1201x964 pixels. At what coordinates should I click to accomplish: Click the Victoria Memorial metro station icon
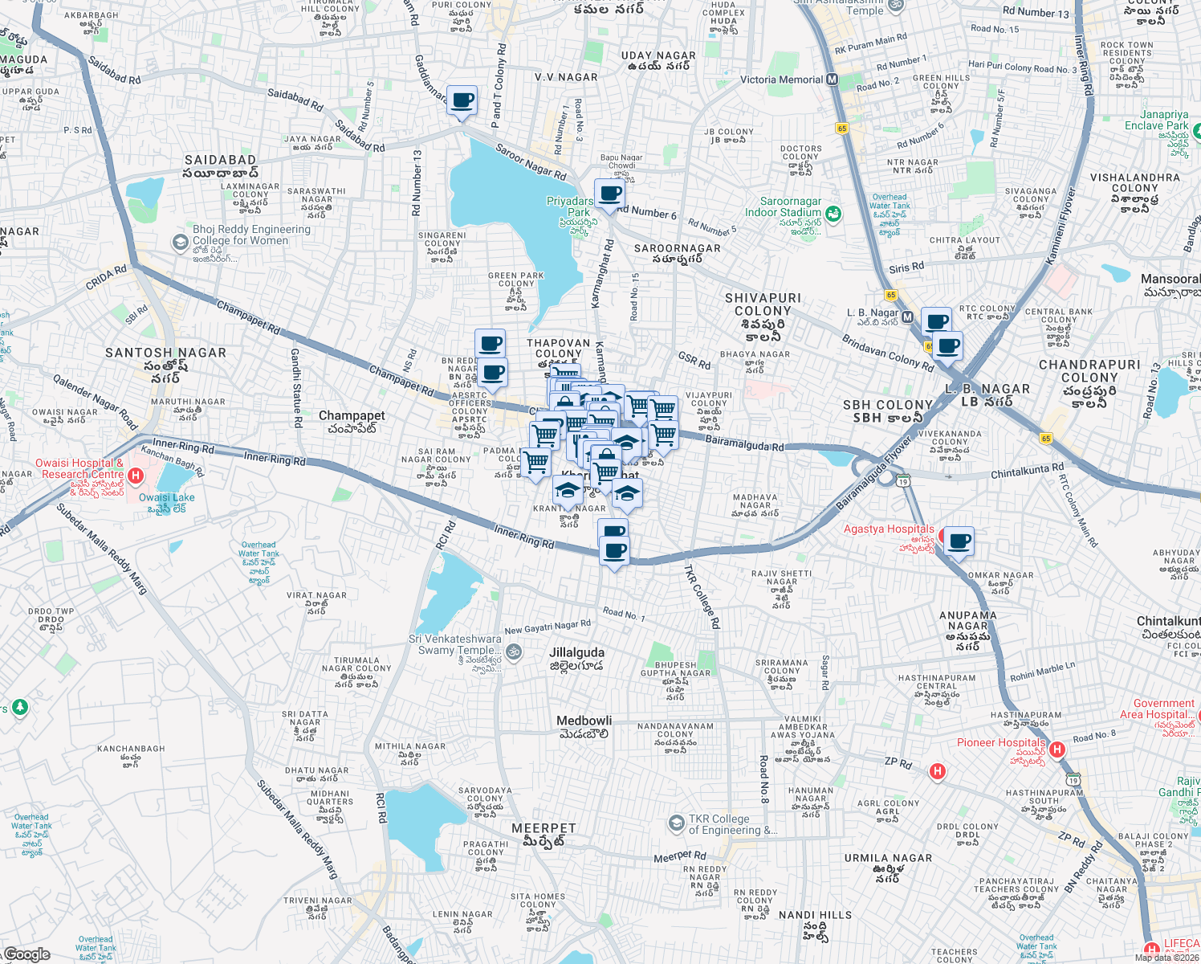point(832,80)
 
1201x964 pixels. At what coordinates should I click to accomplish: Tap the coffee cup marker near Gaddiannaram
point(462,101)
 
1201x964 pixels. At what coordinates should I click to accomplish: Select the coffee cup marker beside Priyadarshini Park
point(609,194)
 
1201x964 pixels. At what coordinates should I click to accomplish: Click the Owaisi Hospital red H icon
point(136,476)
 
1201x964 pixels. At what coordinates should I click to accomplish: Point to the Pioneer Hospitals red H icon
point(1057,750)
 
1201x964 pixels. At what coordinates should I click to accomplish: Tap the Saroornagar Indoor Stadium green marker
point(833,213)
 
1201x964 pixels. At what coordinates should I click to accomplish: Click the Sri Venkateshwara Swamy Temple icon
point(515,652)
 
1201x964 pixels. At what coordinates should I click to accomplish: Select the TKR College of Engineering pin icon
point(677,823)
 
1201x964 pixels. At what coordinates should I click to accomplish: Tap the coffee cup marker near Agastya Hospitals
point(958,541)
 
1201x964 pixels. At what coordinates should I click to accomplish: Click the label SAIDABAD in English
point(220,160)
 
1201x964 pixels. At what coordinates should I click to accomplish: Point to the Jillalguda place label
point(576,652)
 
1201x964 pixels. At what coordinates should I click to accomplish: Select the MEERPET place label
point(544,827)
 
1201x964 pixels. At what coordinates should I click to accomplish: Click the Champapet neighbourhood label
point(352,415)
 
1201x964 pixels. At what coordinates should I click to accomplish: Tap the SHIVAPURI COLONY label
point(763,304)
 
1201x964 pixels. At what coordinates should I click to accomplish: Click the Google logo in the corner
point(26,954)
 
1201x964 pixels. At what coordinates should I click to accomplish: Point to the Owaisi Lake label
point(166,497)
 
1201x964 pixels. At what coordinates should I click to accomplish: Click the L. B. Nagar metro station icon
point(907,317)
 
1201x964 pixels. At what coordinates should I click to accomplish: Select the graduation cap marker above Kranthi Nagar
point(568,489)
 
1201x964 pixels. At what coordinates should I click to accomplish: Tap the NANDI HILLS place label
point(815,915)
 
